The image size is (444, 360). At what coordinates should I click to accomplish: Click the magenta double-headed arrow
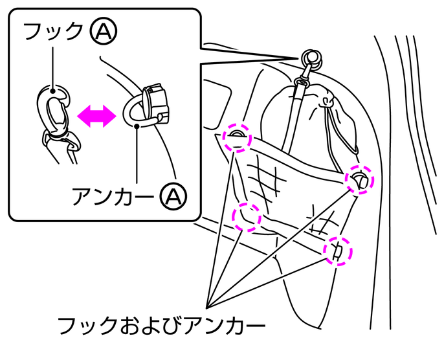pyautogui.click(x=97, y=115)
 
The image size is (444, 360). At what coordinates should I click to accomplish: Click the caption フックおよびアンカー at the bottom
pyautogui.click(x=161, y=324)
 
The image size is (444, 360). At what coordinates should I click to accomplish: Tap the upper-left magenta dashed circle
pyautogui.click(x=234, y=137)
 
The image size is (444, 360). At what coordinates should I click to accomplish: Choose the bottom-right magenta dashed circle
pyautogui.click(x=337, y=250)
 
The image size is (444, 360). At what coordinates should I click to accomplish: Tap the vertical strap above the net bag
pyautogui.click(x=295, y=117)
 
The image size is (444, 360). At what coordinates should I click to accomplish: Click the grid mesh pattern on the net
pyautogui.click(x=265, y=175)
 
